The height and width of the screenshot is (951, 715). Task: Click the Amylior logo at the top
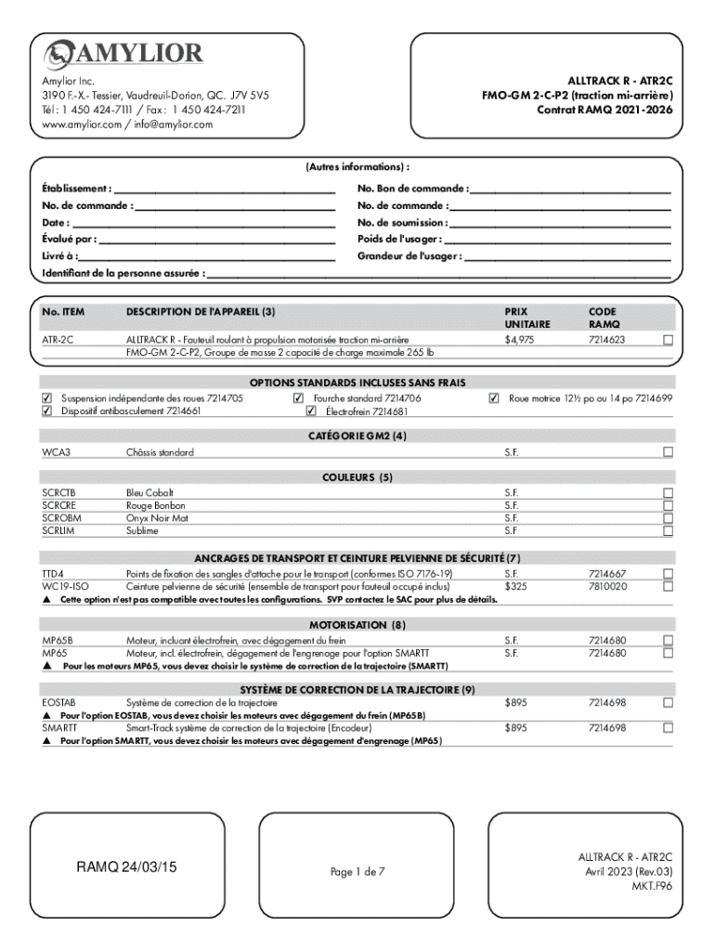coord(123,52)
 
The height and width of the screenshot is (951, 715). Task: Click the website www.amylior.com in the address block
coord(81,124)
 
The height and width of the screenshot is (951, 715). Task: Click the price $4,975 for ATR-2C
coord(519,340)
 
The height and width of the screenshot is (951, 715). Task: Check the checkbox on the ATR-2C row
coord(667,340)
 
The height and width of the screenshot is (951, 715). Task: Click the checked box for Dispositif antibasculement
coord(47,410)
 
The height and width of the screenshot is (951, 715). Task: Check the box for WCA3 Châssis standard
coord(667,452)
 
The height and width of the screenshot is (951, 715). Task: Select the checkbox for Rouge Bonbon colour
coord(667,505)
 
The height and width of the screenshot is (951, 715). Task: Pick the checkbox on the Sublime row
coord(667,531)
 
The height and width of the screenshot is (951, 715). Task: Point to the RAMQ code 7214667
coord(607,574)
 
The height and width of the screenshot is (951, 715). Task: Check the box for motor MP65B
coord(667,641)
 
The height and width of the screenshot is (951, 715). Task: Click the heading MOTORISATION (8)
coord(357,624)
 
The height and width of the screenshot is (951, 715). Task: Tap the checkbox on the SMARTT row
coord(667,729)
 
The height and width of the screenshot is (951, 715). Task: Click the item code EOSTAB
coord(58,703)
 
